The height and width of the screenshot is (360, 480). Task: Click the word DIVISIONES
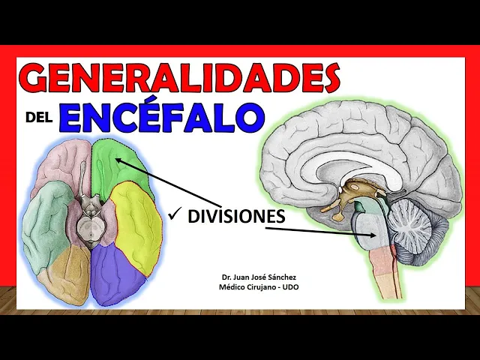point(236,217)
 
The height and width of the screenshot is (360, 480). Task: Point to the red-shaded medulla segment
point(382,259)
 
